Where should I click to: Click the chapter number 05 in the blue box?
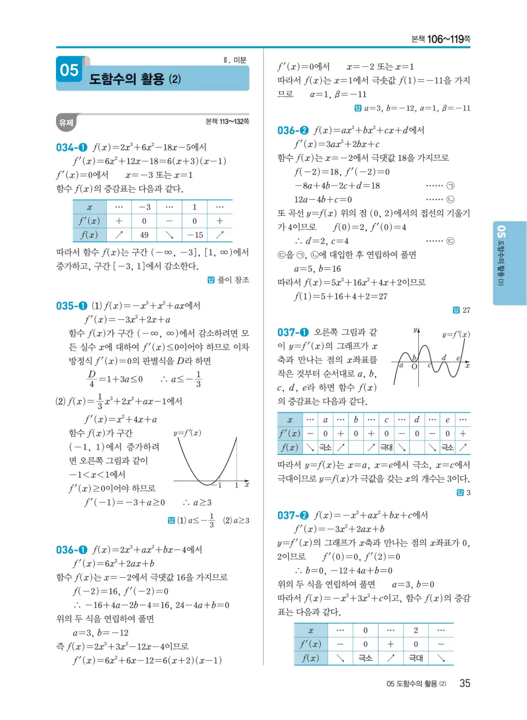[x=69, y=71]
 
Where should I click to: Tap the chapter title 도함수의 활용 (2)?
[x=135, y=79]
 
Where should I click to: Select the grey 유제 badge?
[x=66, y=123]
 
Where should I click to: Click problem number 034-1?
[x=72, y=148]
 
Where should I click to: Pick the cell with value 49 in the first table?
[x=144, y=235]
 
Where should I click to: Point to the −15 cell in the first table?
[x=194, y=235]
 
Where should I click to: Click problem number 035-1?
[x=72, y=306]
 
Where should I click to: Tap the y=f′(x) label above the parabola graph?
[x=187, y=433]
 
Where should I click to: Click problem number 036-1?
[x=72, y=550]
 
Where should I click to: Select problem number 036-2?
[x=293, y=130]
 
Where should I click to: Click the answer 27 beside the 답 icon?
[x=466, y=310]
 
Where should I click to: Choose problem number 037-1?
[x=293, y=332]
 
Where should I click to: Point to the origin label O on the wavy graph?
[x=414, y=367]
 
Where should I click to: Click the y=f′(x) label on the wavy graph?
[x=456, y=334]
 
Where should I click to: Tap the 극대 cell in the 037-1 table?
[x=387, y=447]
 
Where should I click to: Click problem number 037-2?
[x=293, y=515]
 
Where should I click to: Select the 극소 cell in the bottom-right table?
[x=365, y=658]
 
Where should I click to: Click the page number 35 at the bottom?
[x=465, y=683]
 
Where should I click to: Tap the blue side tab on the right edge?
[x=509, y=263]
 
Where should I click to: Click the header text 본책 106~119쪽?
[x=440, y=39]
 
